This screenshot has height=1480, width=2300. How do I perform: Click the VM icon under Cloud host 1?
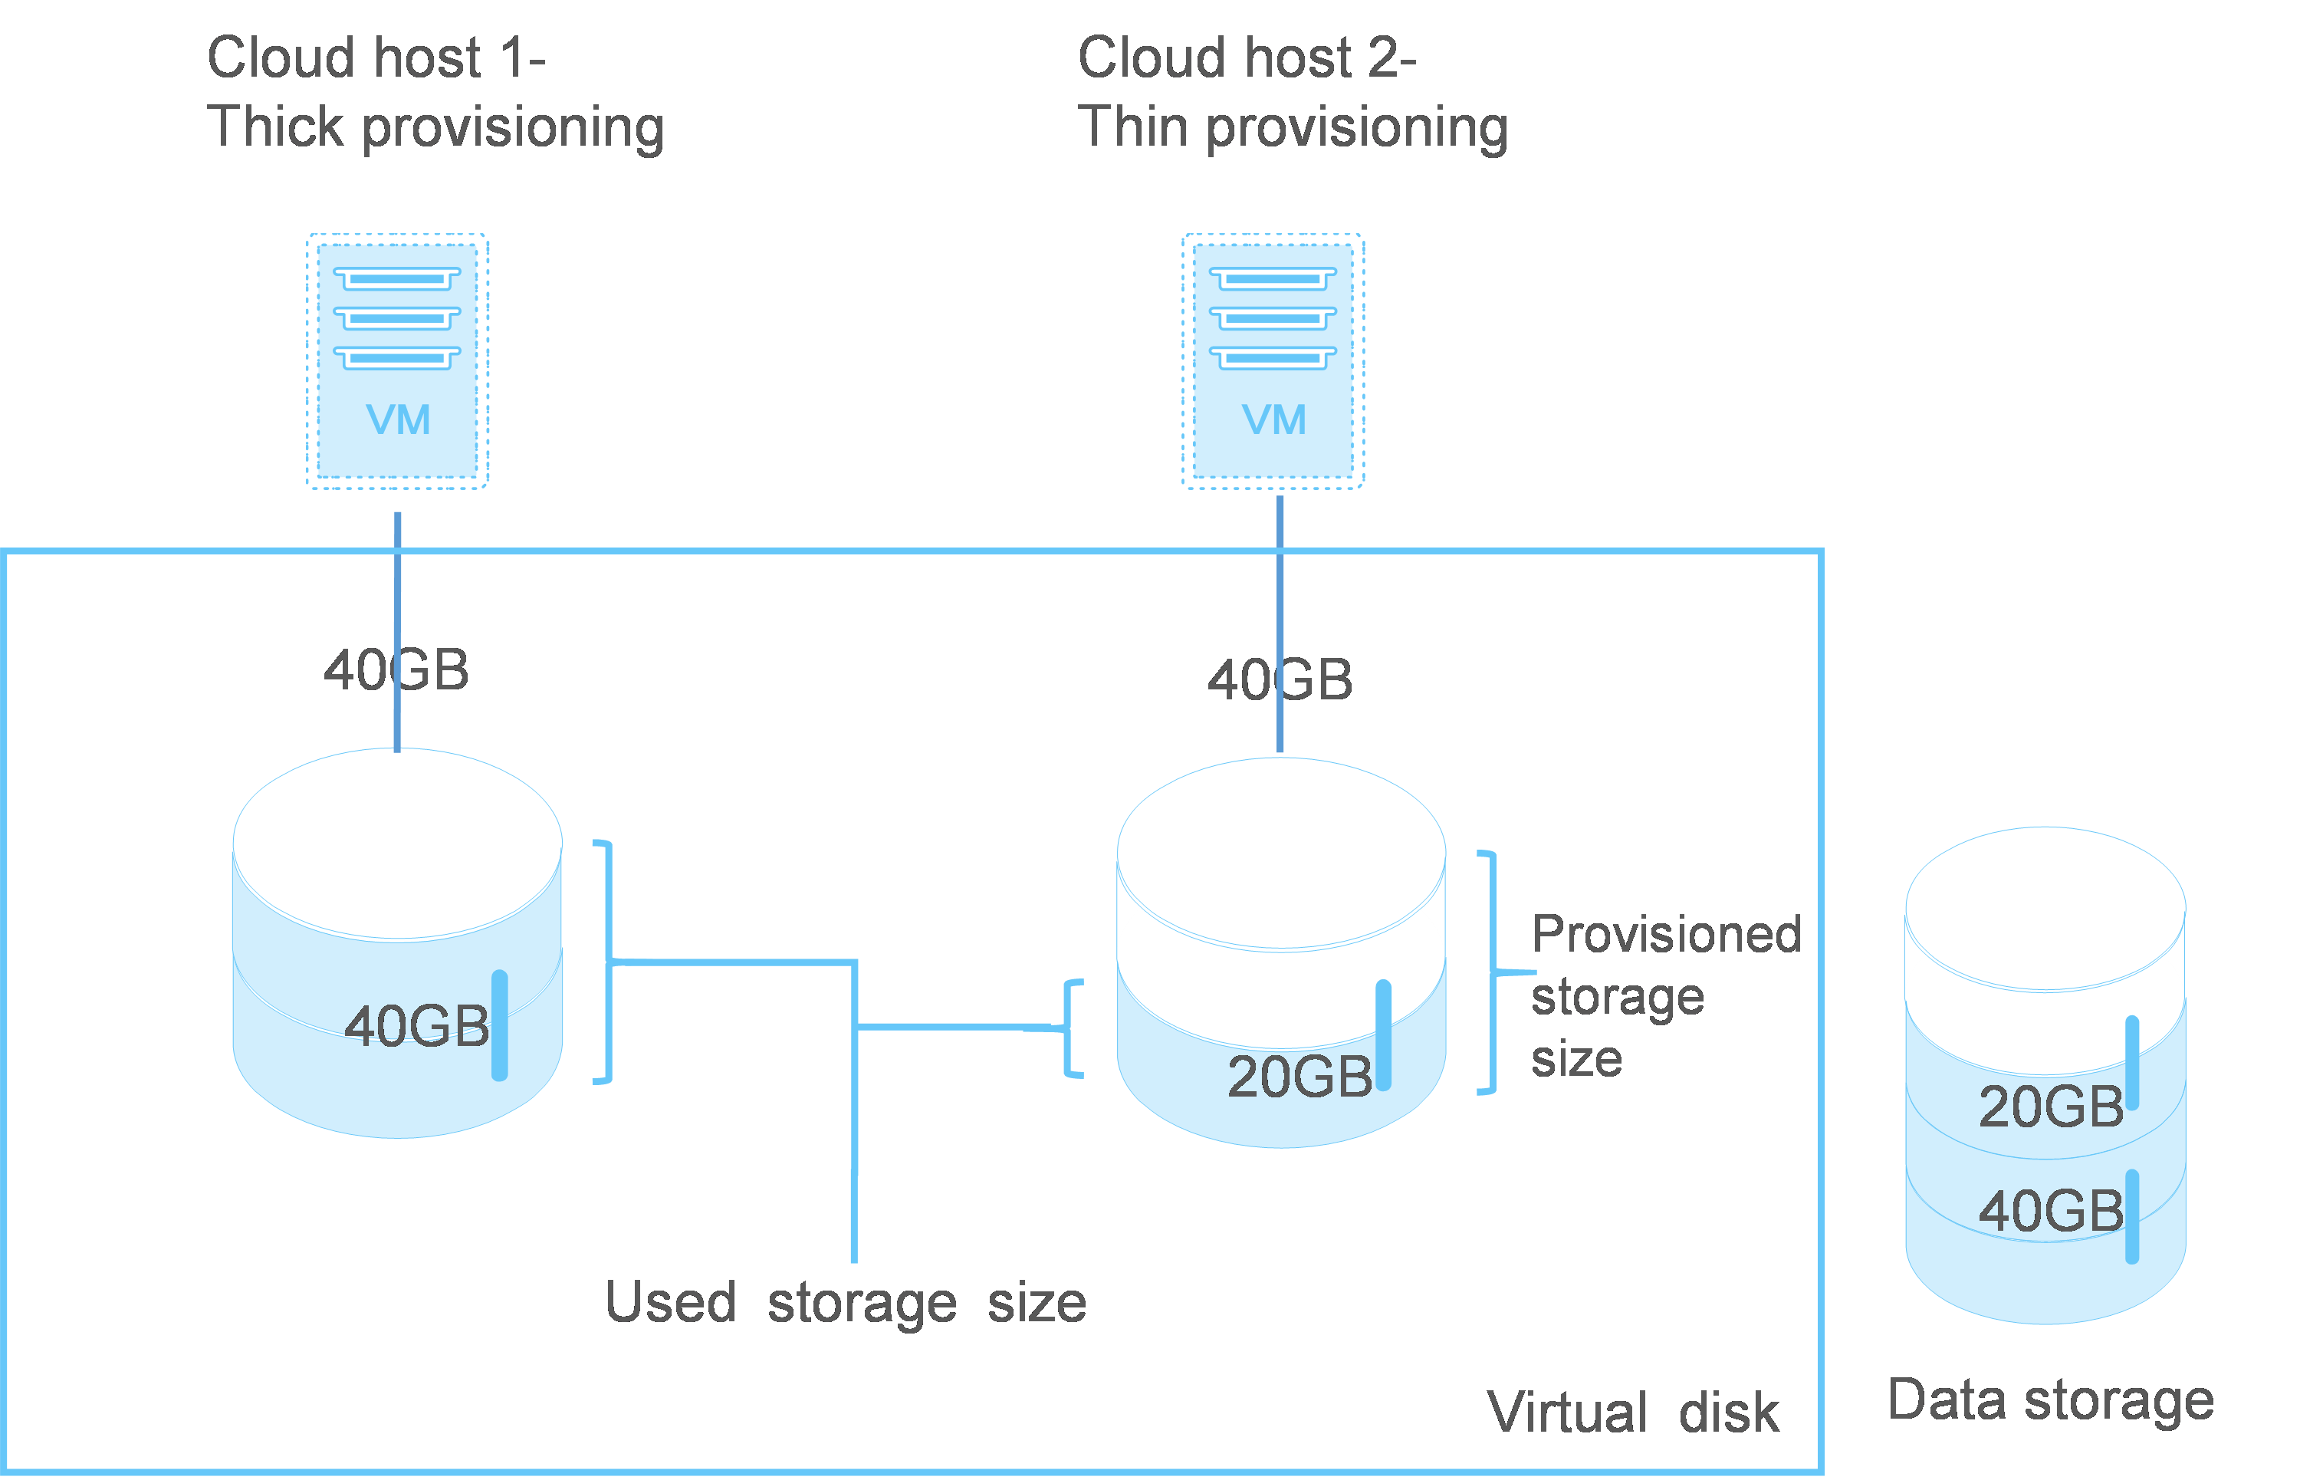397,360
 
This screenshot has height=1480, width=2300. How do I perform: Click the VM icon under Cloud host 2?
1272,360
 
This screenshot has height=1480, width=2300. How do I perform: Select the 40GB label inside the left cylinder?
416,1025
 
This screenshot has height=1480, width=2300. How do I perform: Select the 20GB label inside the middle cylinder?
1299,1077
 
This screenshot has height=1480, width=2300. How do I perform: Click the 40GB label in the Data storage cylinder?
2050,1210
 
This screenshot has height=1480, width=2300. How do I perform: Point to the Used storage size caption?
846,1303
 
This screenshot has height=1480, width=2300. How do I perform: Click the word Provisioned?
1666,934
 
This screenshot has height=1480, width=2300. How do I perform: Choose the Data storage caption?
2050,1400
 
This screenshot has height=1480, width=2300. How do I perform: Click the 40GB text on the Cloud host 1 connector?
396,670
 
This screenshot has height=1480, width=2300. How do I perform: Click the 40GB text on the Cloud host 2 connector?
1280,680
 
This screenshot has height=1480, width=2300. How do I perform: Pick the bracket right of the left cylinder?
605,962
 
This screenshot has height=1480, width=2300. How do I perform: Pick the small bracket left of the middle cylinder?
1071,1028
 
